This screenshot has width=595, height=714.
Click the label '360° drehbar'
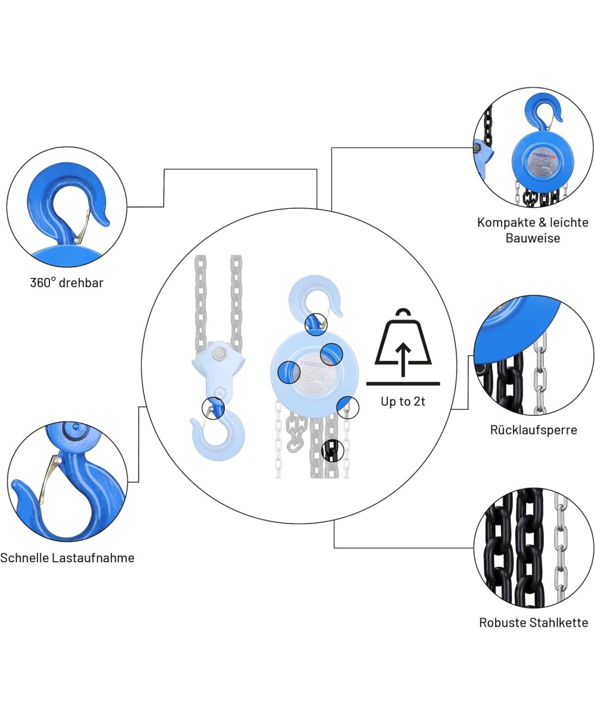(x=67, y=283)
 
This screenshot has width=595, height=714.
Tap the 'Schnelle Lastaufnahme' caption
(x=67, y=558)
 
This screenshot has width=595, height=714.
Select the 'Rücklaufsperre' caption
(x=534, y=430)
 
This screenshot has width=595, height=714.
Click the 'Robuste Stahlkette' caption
(x=534, y=623)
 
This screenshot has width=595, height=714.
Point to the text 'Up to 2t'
(x=403, y=402)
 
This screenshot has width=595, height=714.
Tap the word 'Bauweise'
(x=533, y=238)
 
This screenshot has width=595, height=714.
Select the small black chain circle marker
(x=331, y=450)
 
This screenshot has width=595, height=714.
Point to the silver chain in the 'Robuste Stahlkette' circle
(x=560, y=547)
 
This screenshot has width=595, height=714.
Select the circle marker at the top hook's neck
(x=315, y=324)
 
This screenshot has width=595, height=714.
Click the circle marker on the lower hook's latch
(x=213, y=409)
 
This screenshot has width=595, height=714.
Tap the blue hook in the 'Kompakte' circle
(x=541, y=113)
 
